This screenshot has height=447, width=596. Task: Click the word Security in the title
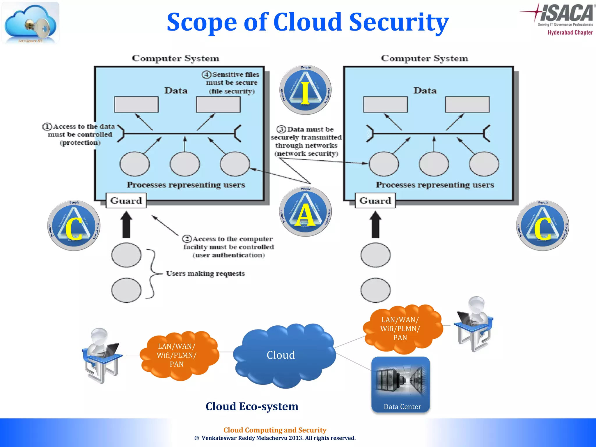point(399,22)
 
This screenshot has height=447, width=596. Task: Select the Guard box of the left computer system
point(126,201)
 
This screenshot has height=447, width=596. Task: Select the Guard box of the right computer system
point(375,201)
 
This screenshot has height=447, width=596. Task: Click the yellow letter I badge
point(305,90)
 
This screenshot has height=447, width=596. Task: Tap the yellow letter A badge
point(305,212)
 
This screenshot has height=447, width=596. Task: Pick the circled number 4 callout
point(206,74)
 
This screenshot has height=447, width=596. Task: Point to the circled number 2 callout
point(187,239)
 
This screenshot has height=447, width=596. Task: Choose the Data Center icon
point(401,384)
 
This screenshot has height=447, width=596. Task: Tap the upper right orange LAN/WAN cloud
point(402,329)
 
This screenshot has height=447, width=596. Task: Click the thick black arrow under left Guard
point(126,225)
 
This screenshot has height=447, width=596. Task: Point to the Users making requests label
point(205,274)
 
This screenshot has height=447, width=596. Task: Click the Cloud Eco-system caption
point(252,406)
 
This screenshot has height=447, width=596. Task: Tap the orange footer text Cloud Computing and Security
point(275,430)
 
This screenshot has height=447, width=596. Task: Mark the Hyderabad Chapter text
point(570,33)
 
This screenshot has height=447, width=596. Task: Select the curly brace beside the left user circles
point(151,274)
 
